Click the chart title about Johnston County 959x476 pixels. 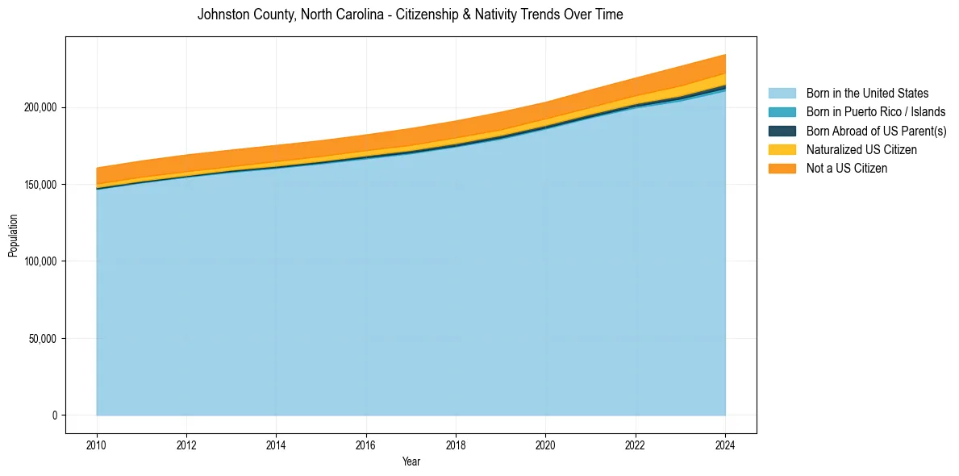coord(410,15)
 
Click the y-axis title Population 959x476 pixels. coord(13,236)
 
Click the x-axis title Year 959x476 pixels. coord(411,462)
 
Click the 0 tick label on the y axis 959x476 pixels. coord(55,415)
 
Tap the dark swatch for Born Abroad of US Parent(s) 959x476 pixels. coord(782,131)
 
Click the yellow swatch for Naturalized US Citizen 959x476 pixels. coord(782,149)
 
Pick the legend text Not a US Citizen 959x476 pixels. coord(847,168)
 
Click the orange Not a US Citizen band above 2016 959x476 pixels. coord(366,142)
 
